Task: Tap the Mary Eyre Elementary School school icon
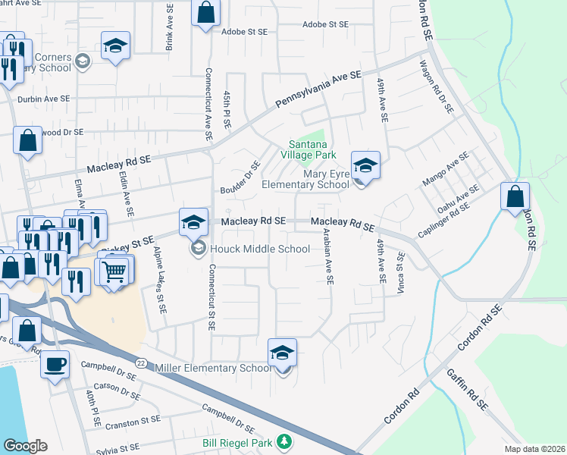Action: click(x=365, y=166)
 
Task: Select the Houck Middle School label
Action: click(x=260, y=249)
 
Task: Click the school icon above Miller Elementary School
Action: click(x=282, y=353)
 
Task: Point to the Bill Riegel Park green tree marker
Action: click(x=284, y=441)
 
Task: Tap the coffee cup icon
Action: click(x=55, y=365)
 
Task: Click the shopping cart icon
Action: click(x=114, y=271)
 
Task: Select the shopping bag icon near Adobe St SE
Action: click(x=205, y=12)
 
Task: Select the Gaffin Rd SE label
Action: click(x=465, y=389)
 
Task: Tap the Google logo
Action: click(x=25, y=446)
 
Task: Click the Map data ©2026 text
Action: click(x=533, y=449)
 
